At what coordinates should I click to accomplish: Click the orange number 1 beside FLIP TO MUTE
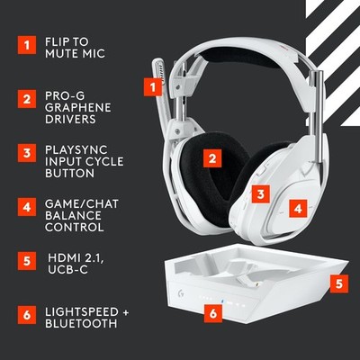(x=27, y=42)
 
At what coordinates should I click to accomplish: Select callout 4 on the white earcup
(x=298, y=207)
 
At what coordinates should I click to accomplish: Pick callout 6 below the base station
(x=212, y=313)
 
